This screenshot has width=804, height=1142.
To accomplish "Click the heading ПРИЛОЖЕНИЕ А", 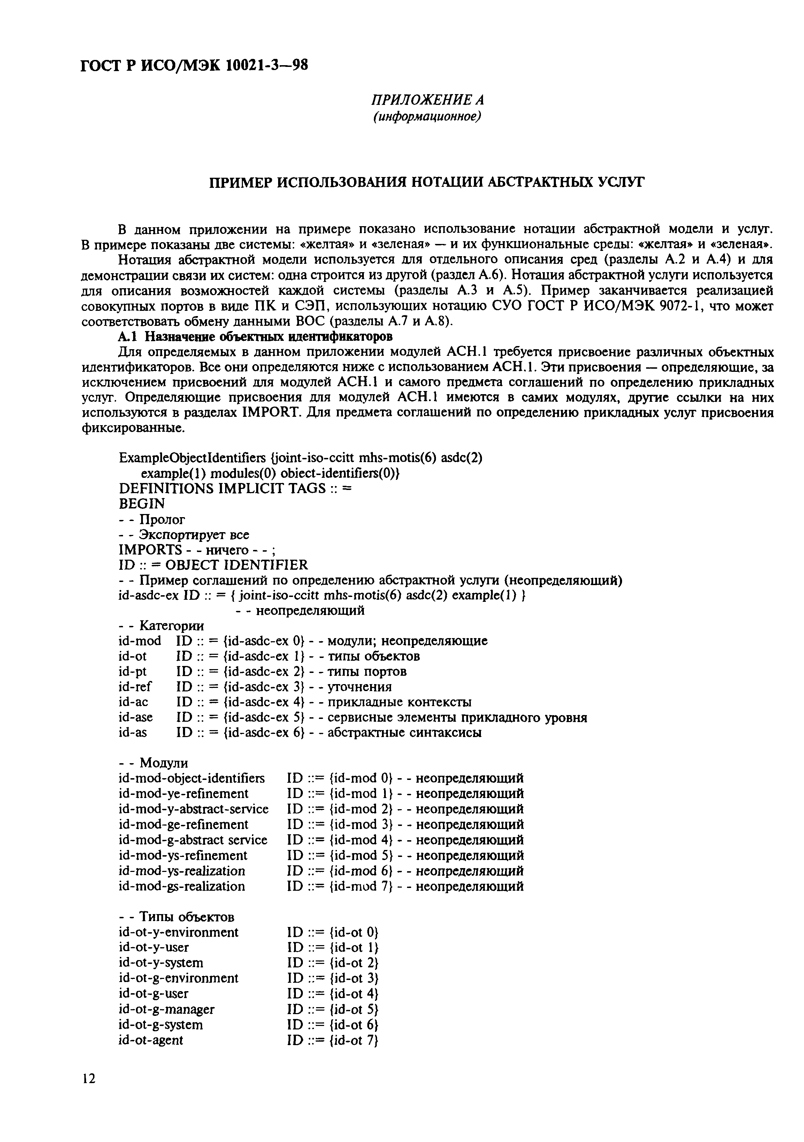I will point(428,100).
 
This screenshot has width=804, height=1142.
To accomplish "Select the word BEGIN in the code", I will point(142,503).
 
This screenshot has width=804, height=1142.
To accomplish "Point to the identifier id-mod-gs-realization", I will point(182,886).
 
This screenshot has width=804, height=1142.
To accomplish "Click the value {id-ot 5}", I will point(354,1009).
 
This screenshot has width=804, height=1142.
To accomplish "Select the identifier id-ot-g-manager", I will point(167,1009).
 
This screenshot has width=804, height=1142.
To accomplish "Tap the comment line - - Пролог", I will point(152,519).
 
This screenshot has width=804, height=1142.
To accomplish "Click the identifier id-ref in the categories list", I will point(135,687).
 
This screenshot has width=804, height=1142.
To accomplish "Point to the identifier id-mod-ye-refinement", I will point(184,793).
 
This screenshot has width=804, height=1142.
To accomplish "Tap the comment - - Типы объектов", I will point(177,916).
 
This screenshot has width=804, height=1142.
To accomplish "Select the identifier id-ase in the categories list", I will point(136,717).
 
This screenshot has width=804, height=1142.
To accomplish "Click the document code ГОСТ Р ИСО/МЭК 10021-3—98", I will point(194,65).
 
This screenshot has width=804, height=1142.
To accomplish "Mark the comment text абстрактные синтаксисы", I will point(404,732).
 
